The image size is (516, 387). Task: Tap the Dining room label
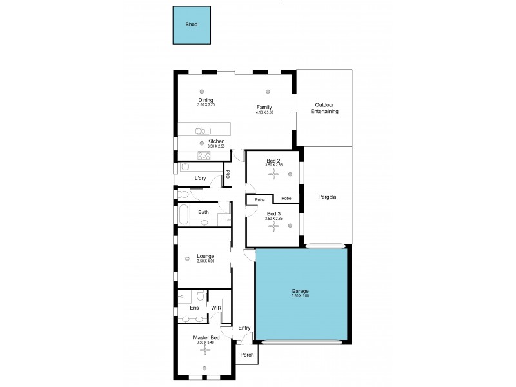pos(206,100)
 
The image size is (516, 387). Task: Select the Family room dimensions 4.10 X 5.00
pos(264,112)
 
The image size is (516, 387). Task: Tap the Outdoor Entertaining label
pos(326,108)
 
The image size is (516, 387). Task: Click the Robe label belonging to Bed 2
pos(286,199)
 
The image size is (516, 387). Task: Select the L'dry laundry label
pos(201,178)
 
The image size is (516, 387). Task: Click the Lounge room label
pos(205,256)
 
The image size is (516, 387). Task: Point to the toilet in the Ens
pos(201,296)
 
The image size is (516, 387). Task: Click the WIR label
pos(216,308)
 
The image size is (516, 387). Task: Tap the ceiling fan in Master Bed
pos(206,351)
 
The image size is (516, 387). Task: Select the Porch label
pos(246,355)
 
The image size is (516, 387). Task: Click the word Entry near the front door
pos(244,328)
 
